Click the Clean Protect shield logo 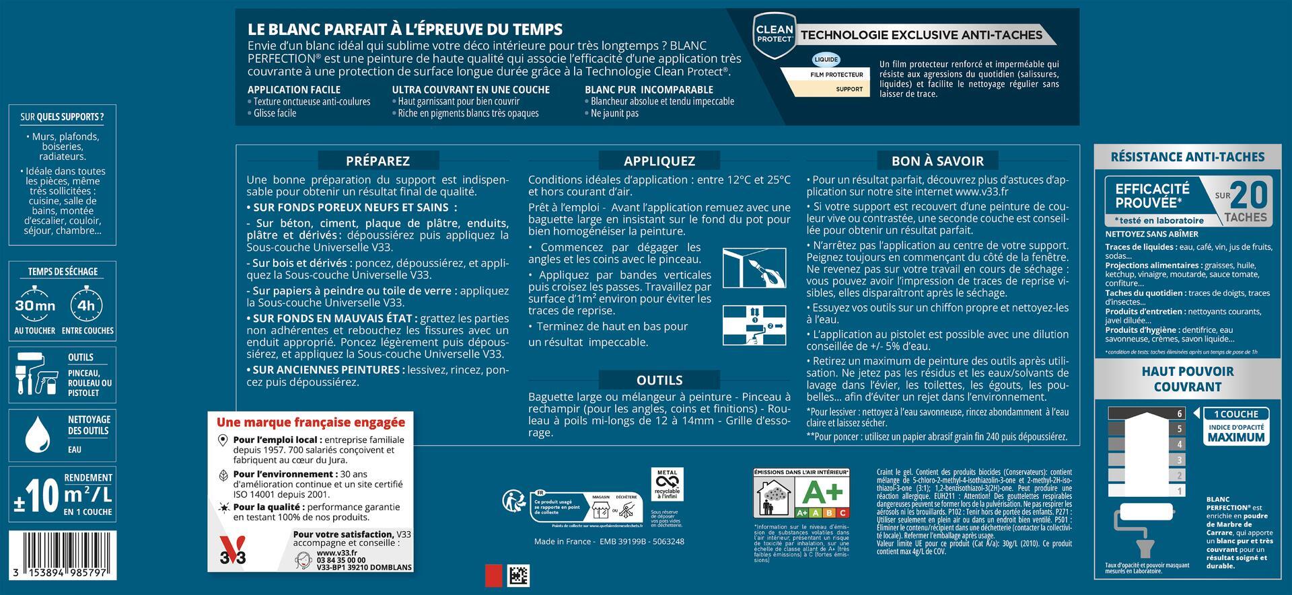point(775,33)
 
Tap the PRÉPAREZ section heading point(378,161)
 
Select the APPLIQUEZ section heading point(659,161)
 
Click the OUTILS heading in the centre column point(659,380)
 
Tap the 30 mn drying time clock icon point(35,305)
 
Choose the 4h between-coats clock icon point(87,305)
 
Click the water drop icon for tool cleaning point(37,435)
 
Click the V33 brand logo point(234,551)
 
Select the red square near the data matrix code point(494,576)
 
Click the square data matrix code point(519,576)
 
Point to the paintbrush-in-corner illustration point(754,268)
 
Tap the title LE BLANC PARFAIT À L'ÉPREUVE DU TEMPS point(405,29)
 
